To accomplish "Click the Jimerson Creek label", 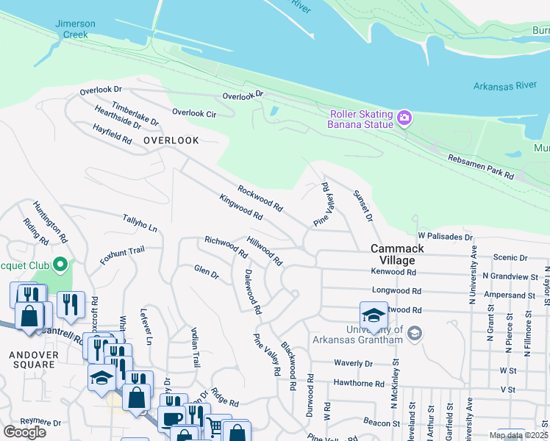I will pos(76,29).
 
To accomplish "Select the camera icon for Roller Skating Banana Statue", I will pos(404,118).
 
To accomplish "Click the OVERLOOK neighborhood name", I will pos(171,140).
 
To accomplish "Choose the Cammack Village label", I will pos(397,254).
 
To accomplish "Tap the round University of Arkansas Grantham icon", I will pos(415,334).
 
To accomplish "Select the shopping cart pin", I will pos(214,426).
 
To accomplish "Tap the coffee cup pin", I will pos(172,418).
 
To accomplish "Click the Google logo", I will pos(24,432).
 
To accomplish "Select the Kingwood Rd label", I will pos(240,207).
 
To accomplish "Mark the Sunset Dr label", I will pos(364,207).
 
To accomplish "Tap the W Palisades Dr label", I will pos(445,237).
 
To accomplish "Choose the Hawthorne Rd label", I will pos(359,383).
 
